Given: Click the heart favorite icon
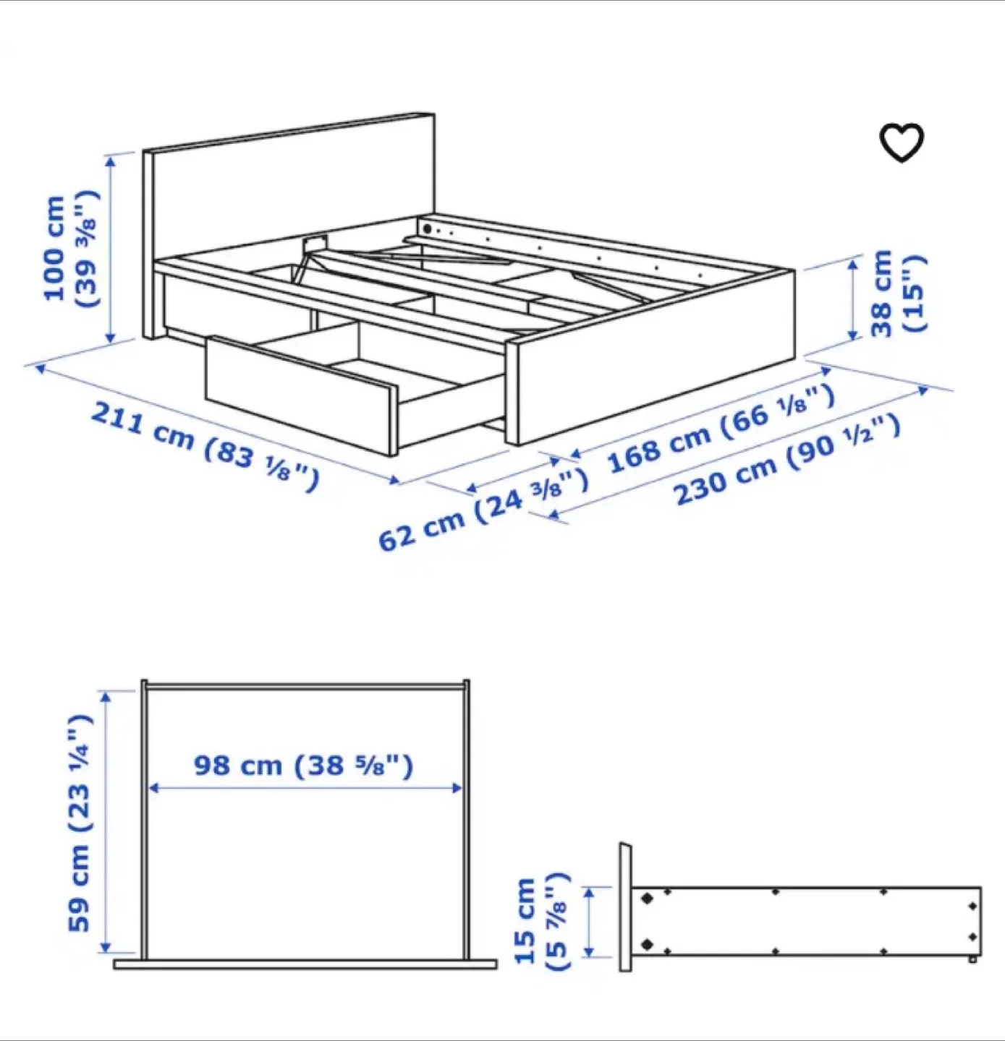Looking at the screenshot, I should click(901, 142).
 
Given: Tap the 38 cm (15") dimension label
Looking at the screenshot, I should click(897, 293).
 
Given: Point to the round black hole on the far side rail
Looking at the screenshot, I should click(428, 228).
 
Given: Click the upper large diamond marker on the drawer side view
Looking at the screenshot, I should click(647, 898).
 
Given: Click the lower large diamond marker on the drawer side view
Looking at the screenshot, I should click(647, 944).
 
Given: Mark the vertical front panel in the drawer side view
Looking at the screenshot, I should click(625, 907).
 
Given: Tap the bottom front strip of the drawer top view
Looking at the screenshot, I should click(305, 964).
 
